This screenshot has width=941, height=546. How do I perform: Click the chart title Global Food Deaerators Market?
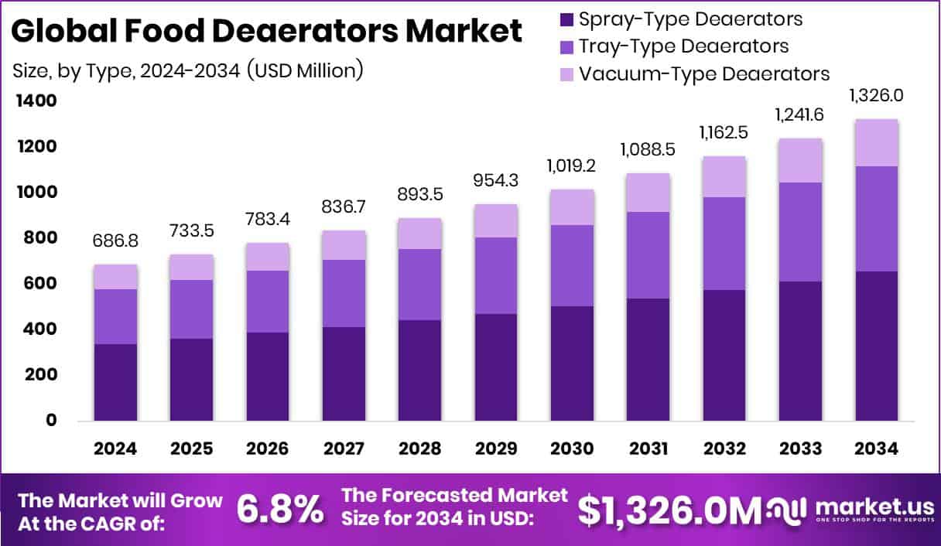click(267, 32)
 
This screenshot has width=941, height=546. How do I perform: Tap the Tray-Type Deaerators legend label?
click(683, 46)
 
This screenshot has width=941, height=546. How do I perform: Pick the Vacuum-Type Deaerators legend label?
click(704, 74)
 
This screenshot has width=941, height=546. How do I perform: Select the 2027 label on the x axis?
click(344, 449)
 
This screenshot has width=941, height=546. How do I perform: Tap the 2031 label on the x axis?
click(648, 449)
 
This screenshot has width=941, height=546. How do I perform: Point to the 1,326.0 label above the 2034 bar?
click(877, 96)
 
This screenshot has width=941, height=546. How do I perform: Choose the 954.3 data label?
click(496, 183)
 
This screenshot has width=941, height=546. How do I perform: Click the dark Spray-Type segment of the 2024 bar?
click(116, 382)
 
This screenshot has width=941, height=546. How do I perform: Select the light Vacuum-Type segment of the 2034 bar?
click(877, 143)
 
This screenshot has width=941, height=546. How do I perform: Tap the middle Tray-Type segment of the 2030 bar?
click(573, 265)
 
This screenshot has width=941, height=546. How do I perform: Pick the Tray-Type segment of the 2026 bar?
click(268, 302)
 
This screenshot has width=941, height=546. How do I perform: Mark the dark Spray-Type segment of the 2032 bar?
click(724, 355)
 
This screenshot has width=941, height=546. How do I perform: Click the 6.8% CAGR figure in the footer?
click(279, 509)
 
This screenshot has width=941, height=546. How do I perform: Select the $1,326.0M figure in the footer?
click(670, 509)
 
